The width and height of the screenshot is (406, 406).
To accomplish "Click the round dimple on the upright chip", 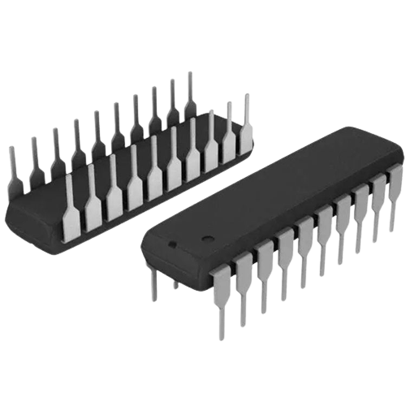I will click(206, 240).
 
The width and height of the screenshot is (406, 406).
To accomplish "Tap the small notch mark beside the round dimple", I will click(171, 243).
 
